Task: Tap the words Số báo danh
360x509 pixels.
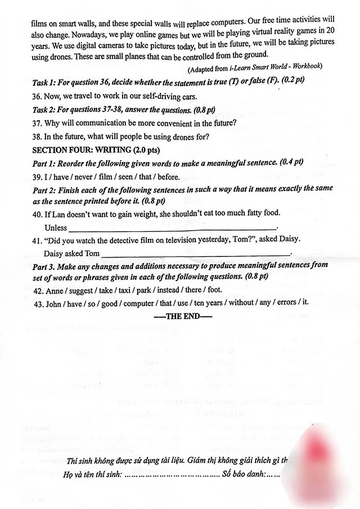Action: tap(243, 475)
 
